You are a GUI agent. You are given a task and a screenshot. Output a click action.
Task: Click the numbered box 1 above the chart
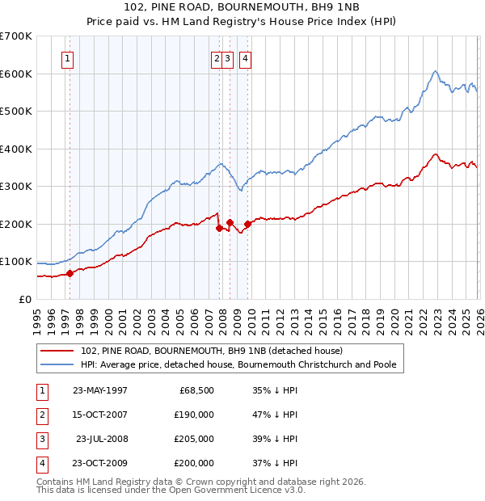[x=67, y=58]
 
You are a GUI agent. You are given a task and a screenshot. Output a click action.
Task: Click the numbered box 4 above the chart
[x=244, y=58]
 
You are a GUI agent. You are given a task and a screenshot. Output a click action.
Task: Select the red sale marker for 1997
[x=70, y=273]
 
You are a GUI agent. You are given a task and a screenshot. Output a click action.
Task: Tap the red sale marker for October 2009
[x=247, y=224]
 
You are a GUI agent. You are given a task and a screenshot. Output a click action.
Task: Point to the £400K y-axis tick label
[x=16, y=149]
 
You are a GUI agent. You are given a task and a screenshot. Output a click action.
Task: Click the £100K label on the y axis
[x=16, y=262]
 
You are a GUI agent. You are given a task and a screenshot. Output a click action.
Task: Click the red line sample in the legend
[x=58, y=351]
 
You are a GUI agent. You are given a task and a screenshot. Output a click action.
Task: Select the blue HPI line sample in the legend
[x=58, y=364]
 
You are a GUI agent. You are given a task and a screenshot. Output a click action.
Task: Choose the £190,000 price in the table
[x=194, y=415]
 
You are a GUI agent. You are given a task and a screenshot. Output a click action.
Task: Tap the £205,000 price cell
[x=194, y=439]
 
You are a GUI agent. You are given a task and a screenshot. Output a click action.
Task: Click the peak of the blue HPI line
[x=435, y=71]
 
